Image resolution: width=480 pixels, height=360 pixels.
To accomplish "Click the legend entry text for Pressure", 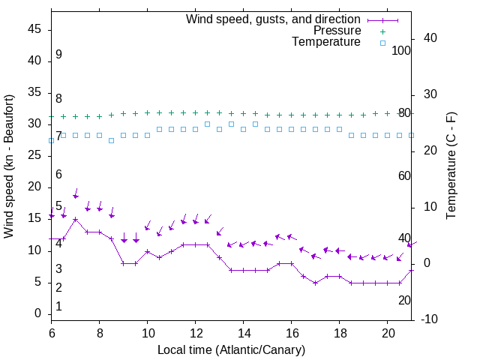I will (x=337, y=31).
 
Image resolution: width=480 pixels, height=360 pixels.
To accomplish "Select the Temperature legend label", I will (x=326, y=42).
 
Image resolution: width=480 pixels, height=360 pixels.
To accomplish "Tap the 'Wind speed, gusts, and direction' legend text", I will (x=274, y=19).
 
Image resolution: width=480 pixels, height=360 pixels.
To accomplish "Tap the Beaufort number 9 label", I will (x=58, y=55).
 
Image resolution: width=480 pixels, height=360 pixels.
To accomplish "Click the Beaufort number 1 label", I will (x=58, y=306).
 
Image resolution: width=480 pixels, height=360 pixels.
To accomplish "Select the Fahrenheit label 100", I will (x=402, y=50).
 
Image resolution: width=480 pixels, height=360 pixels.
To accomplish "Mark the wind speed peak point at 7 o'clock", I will (x=76, y=220).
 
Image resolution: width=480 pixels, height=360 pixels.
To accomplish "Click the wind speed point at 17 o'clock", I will (x=316, y=283).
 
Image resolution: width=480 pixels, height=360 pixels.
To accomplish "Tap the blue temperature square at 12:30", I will (x=208, y=124).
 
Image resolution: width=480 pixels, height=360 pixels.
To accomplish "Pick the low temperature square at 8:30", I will (x=112, y=140).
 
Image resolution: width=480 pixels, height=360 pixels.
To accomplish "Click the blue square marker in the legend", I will (x=382, y=43).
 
